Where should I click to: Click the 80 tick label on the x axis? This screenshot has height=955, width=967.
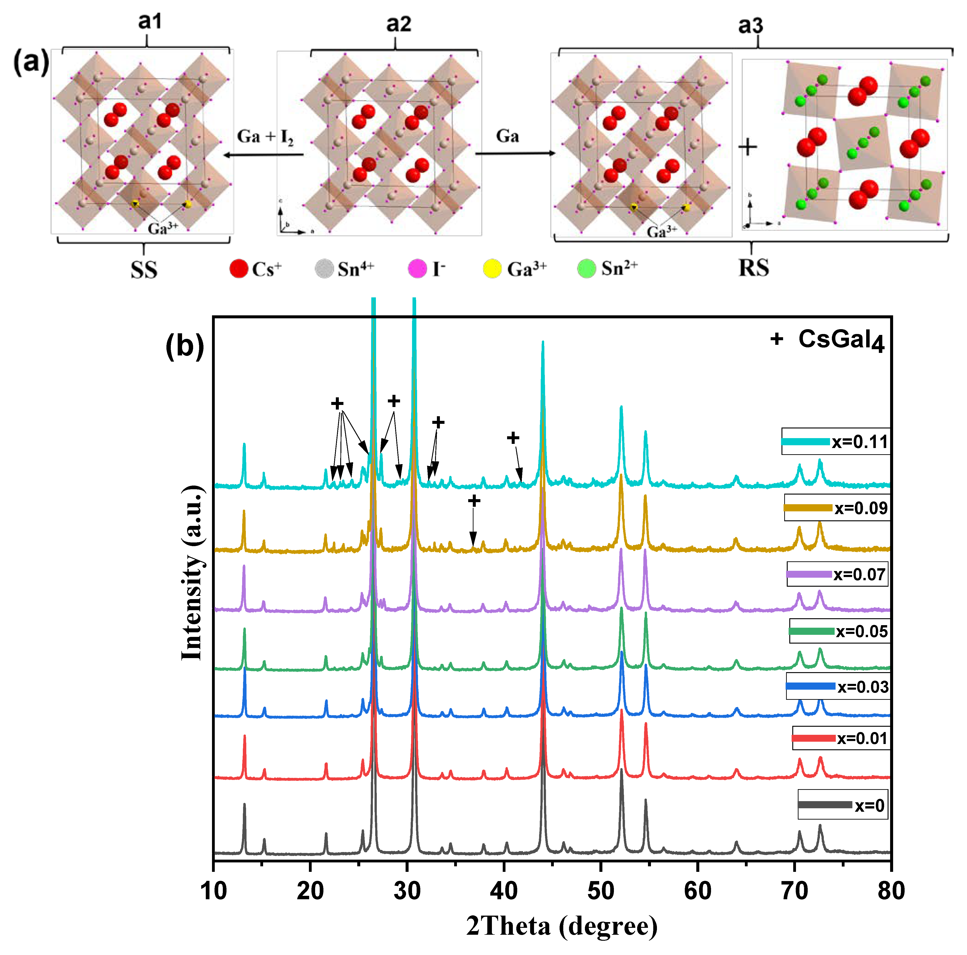pos(891,891)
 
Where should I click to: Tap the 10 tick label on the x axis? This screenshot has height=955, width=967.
pos(214,891)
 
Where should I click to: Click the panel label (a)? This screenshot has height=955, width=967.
pos(31,63)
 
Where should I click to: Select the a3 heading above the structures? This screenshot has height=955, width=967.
pos(751,25)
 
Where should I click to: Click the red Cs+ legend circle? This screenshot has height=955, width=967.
pos(239,269)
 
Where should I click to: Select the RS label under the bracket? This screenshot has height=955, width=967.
pos(753,268)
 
